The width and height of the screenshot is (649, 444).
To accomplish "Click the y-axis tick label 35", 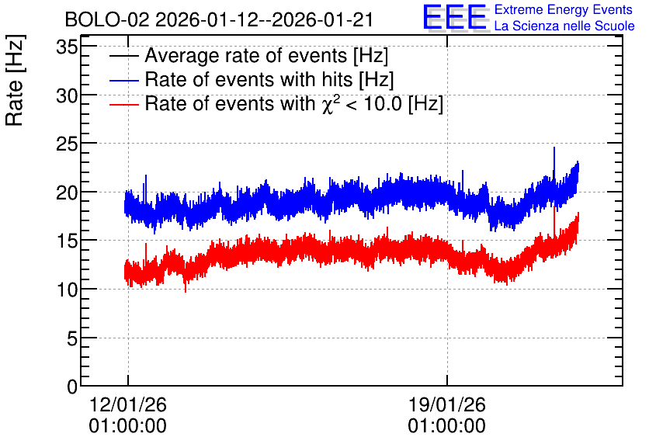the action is click(x=67, y=47).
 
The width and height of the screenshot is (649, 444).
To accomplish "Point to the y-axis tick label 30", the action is click(x=67, y=95).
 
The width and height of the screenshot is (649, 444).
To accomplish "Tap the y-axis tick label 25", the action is click(x=67, y=144).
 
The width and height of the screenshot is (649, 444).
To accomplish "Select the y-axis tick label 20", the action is click(x=67, y=193).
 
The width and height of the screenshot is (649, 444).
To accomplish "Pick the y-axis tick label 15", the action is click(x=67, y=241).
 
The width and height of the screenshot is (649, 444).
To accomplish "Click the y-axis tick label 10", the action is click(x=67, y=290).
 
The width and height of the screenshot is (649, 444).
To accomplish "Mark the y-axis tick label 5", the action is click(x=72, y=338).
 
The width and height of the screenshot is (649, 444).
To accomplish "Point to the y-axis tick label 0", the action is click(x=72, y=387).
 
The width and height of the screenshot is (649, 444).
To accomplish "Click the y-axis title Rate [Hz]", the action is click(x=15, y=80).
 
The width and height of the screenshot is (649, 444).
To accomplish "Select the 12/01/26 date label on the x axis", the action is click(x=128, y=404).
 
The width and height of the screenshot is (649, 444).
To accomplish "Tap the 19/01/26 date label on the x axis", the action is click(x=447, y=404).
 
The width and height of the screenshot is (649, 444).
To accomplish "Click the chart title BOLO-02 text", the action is click(x=107, y=20).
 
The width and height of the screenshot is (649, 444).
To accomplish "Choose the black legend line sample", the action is click(x=123, y=56).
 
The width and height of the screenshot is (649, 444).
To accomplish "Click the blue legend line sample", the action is click(x=123, y=80).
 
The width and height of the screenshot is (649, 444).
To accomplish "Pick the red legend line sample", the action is click(x=123, y=104).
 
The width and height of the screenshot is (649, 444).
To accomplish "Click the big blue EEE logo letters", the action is click(x=454, y=17).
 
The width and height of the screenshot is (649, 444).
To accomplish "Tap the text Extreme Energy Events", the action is click(x=564, y=9).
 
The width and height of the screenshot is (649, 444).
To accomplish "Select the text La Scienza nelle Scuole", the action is click(x=564, y=26).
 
